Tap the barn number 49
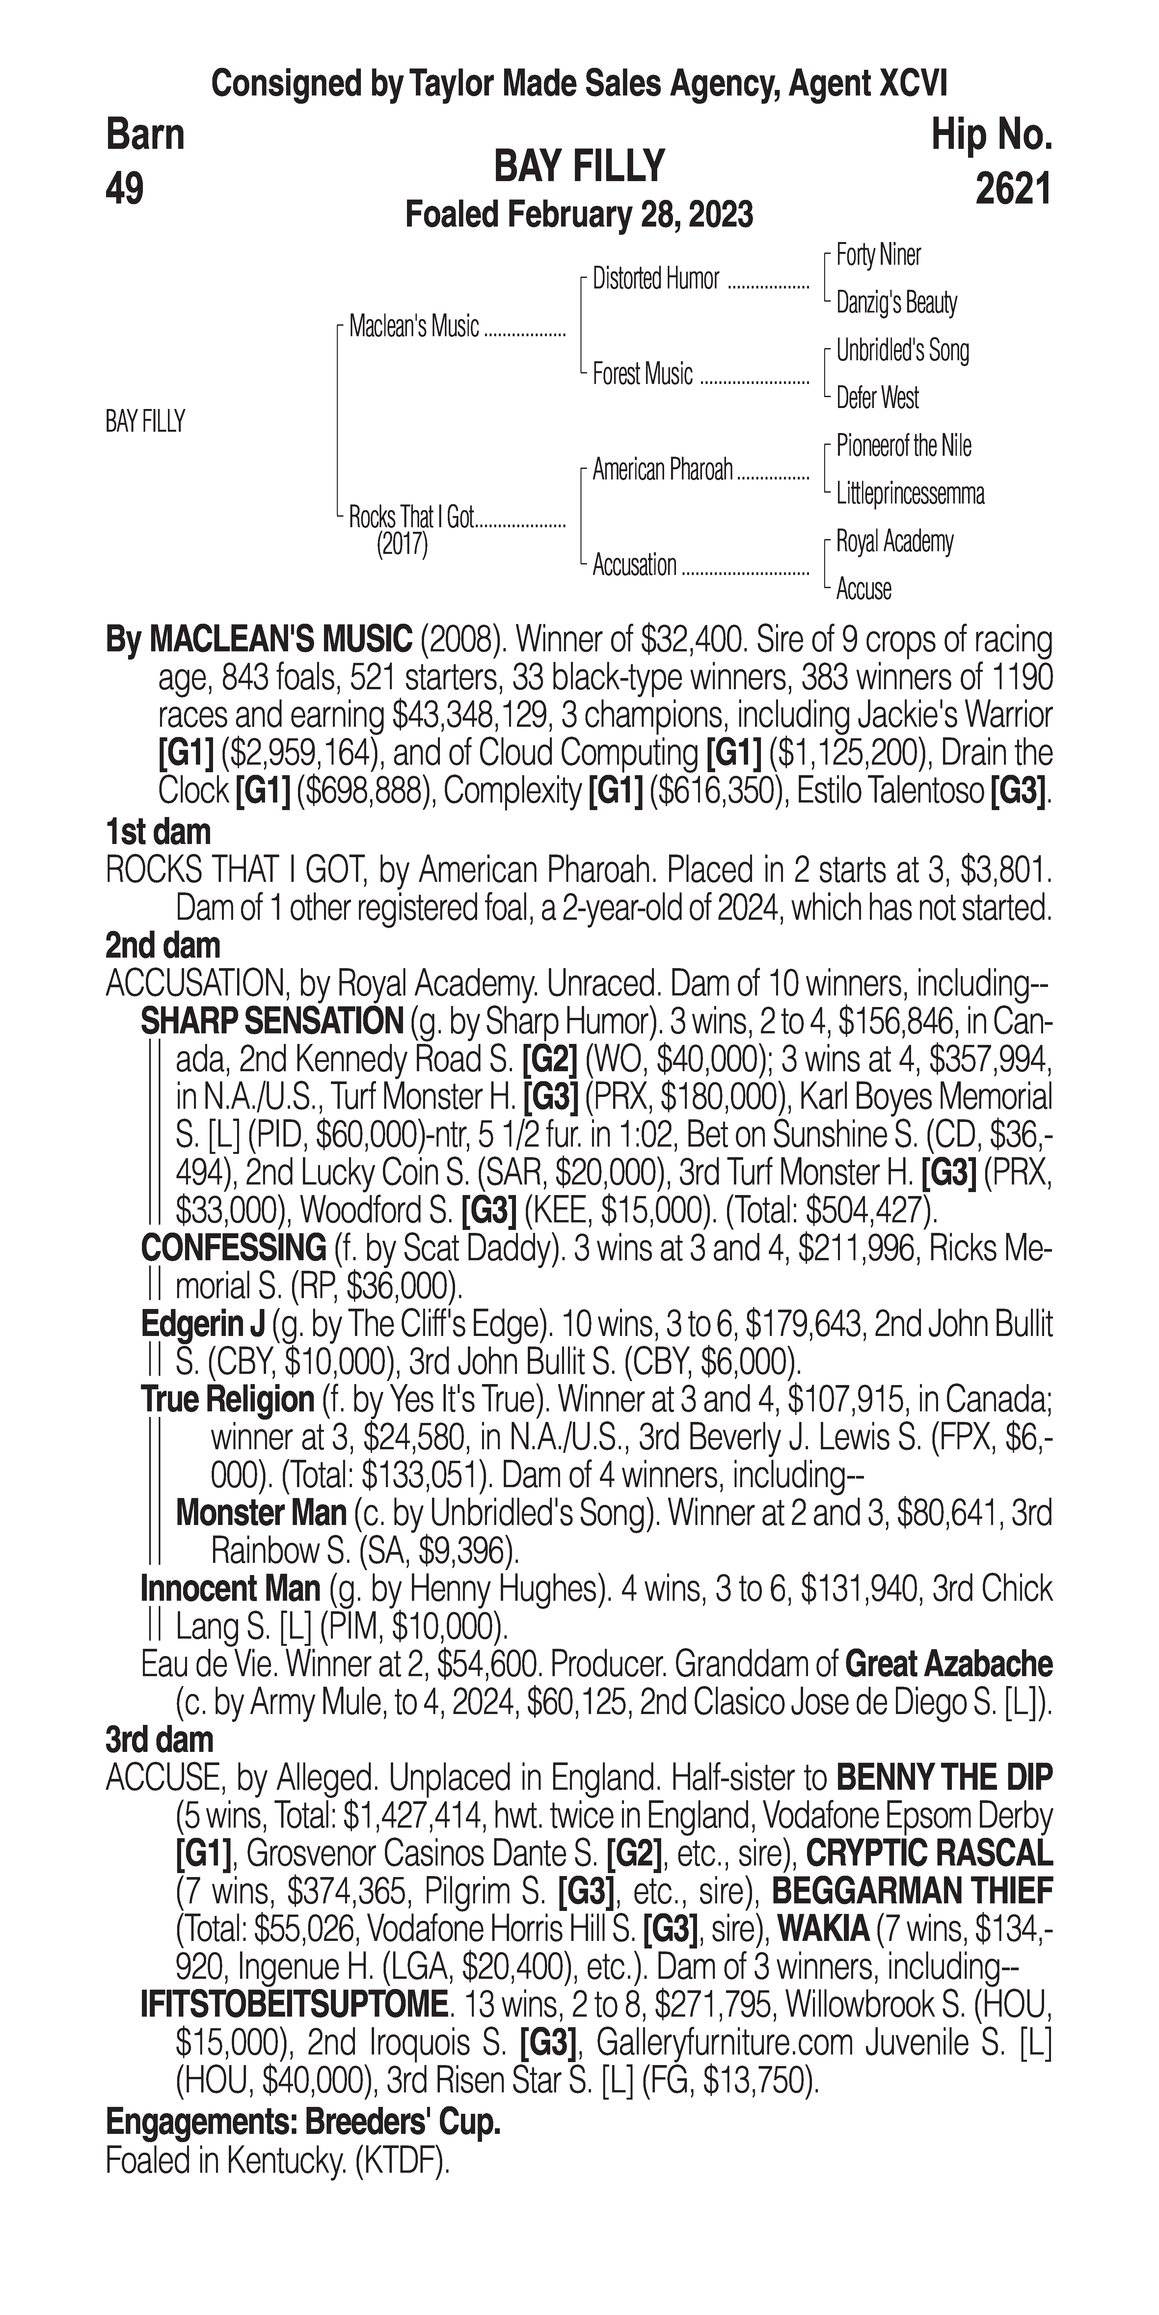click(125, 190)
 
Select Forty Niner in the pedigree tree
click(878, 255)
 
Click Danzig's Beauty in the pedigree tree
click(896, 303)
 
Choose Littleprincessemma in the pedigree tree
click(909, 493)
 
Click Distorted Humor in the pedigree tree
click(656, 280)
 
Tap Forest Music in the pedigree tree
click(642, 375)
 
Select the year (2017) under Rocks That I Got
click(402, 545)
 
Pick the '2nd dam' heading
click(163, 945)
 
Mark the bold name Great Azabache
click(949, 1664)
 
